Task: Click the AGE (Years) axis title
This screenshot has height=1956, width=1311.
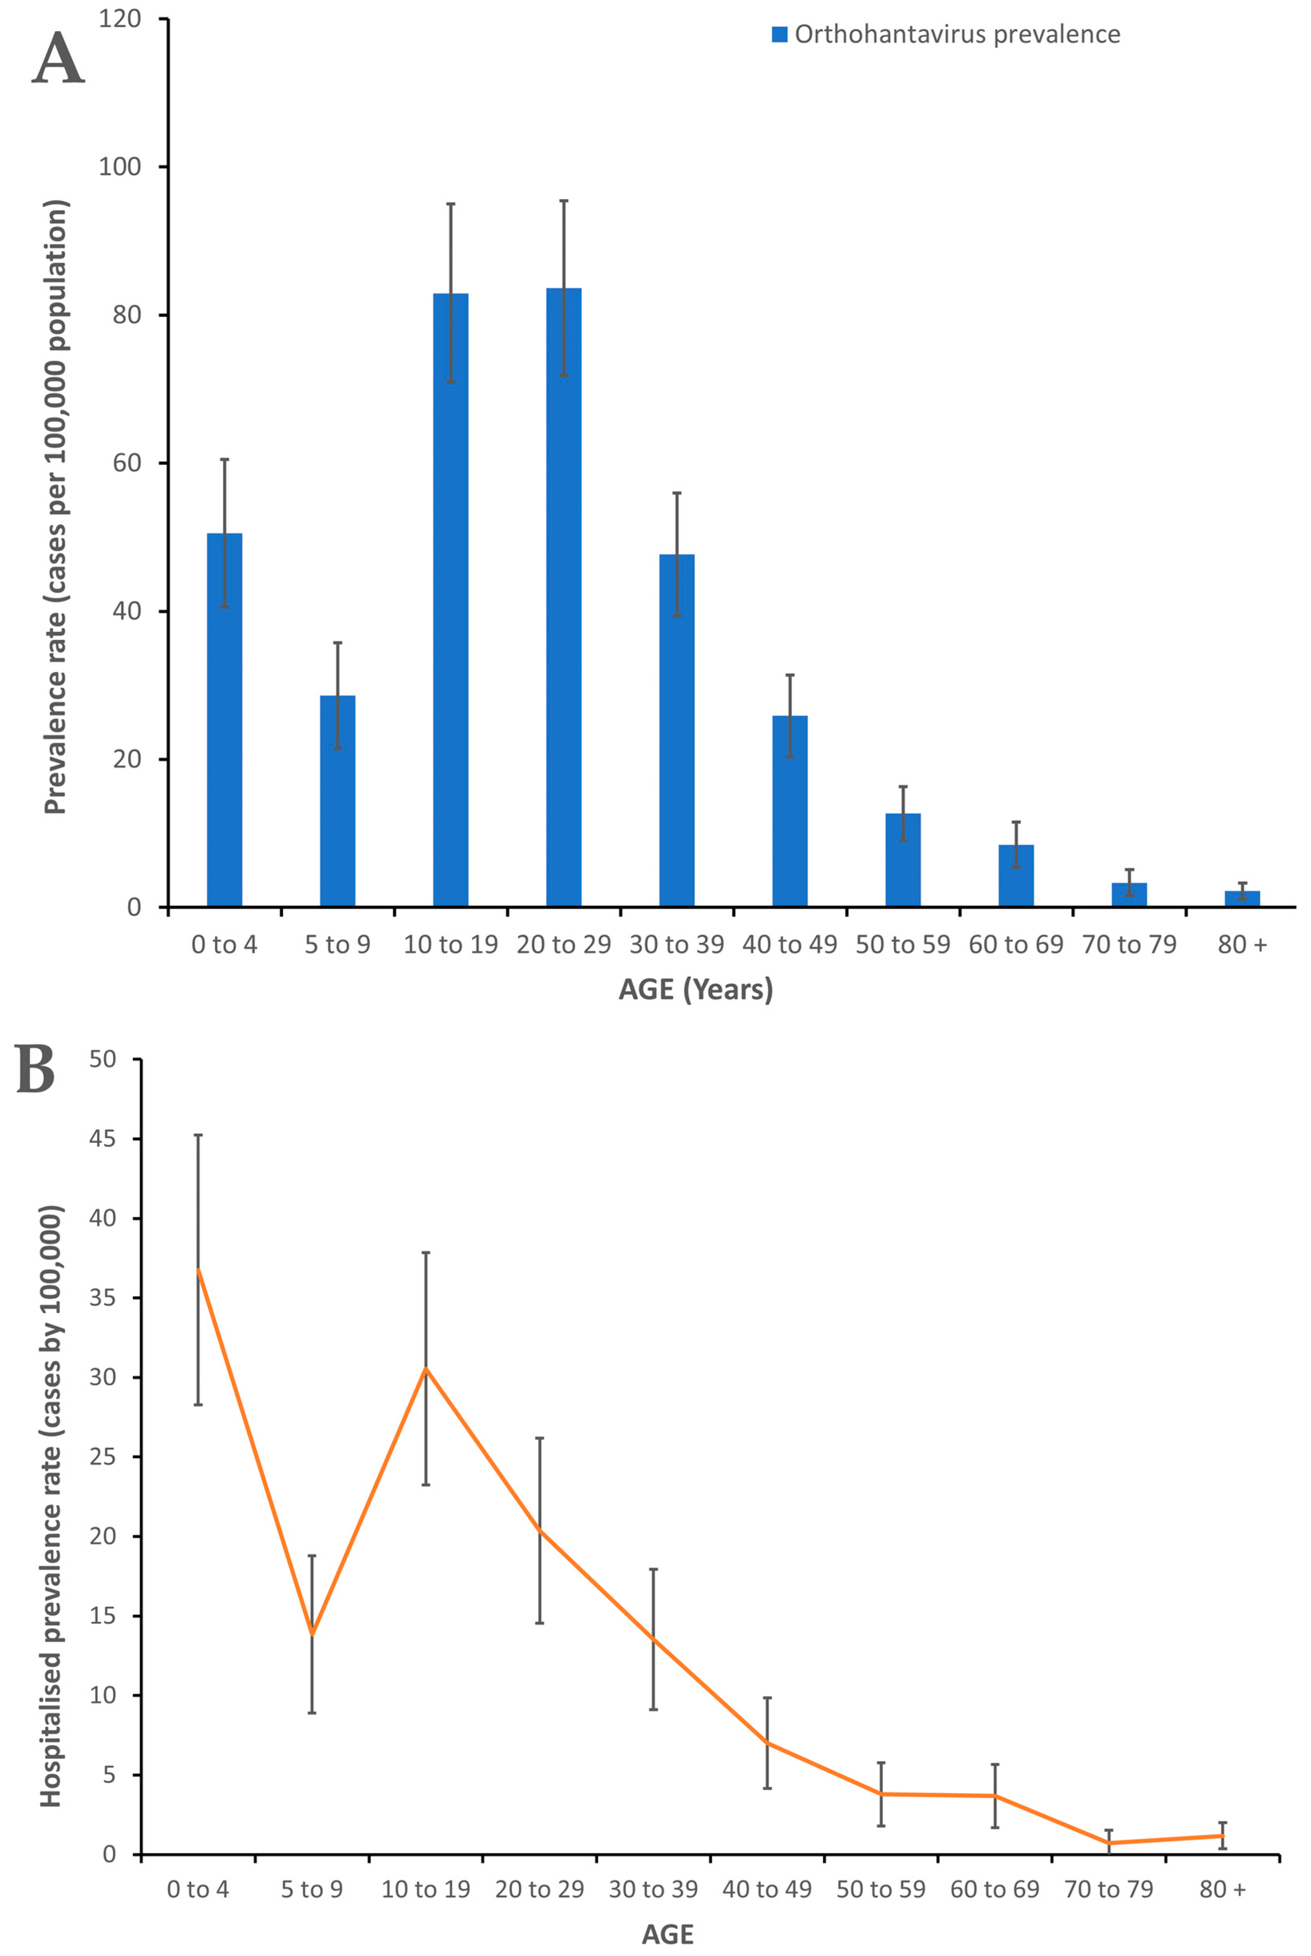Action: click(x=696, y=989)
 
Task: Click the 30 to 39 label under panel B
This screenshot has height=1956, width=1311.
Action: click(x=653, y=1889)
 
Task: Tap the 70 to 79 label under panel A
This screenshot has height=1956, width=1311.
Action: click(x=1129, y=945)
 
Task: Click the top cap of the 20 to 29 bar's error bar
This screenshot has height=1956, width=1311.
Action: click(x=564, y=201)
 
